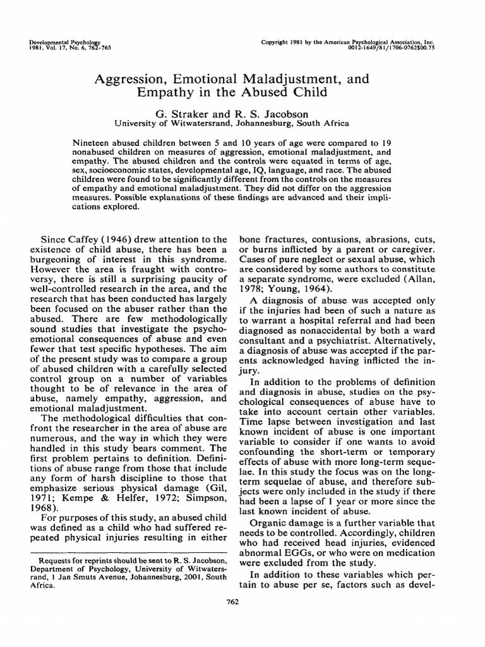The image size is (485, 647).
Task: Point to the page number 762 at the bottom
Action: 242,619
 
